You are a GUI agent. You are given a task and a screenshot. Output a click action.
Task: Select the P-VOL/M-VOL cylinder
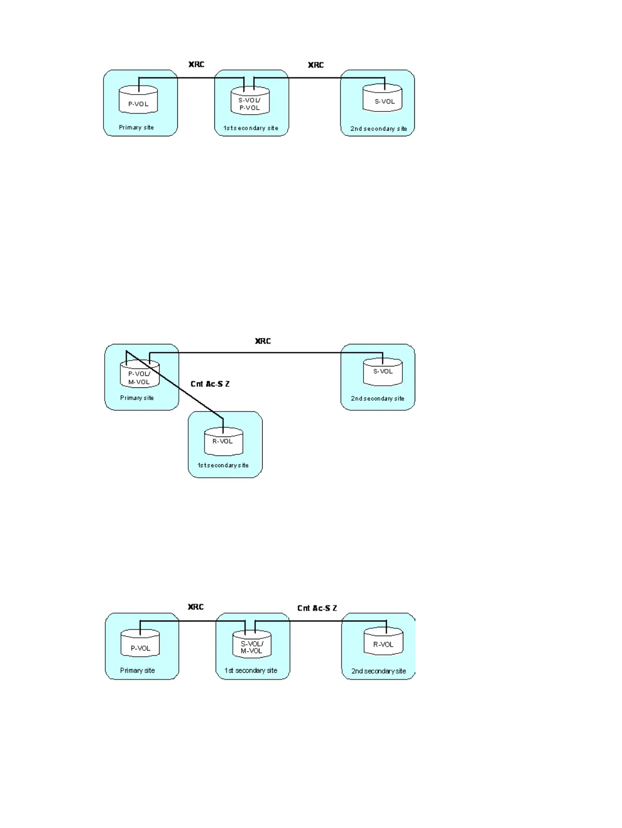[x=140, y=376]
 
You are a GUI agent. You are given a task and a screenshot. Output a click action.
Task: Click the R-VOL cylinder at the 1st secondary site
[x=223, y=442]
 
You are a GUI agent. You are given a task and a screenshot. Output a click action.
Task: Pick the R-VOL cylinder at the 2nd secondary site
[x=383, y=642]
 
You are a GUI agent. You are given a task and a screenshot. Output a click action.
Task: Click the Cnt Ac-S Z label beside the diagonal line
[x=210, y=384]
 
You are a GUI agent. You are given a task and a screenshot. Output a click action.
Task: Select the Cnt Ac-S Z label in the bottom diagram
[x=317, y=608]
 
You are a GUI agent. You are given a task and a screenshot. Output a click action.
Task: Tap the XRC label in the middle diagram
[x=263, y=341]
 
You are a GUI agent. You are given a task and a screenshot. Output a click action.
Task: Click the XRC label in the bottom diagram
[x=196, y=607]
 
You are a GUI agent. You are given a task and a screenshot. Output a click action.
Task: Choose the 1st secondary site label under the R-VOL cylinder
[x=223, y=465]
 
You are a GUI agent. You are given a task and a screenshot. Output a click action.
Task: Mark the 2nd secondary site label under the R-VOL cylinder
[x=378, y=671]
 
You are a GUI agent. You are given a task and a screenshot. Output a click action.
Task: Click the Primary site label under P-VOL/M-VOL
[x=137, y=398]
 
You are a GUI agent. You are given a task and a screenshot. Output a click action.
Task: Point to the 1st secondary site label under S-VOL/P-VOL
[x=251, y=128]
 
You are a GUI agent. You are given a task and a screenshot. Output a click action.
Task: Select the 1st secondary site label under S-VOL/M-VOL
[x=251, y=671]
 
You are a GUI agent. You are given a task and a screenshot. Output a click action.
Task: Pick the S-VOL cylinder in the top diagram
[x=382, y=99]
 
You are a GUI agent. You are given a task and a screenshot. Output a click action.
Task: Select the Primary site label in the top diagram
[x=136, y=128]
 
